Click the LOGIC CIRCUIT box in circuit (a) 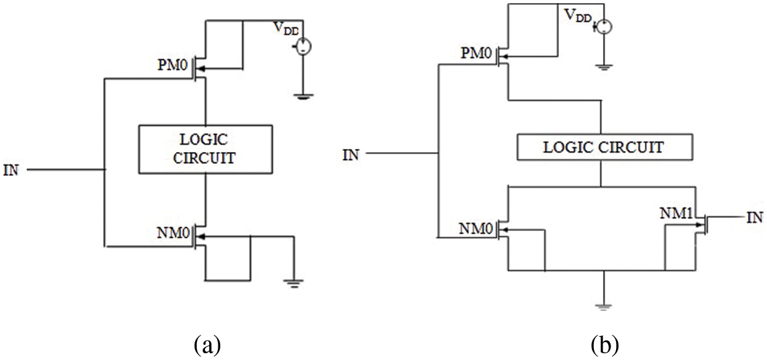[x=205, y=149]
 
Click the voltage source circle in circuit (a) [x=303, y=47]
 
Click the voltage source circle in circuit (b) [x=604, y=26]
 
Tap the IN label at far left [x=12, y=170]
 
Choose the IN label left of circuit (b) [x=350, y=154]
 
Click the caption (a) [x=207, y=345]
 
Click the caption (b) [x=605, y=345]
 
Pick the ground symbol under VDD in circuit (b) [x=604, y=67]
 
